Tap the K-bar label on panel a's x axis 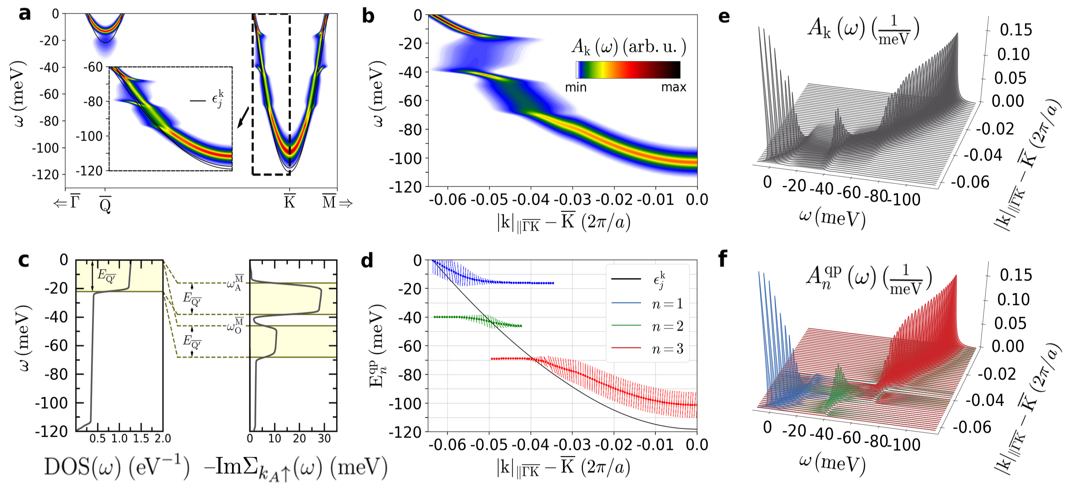point(289,202)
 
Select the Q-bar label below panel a point(105,203)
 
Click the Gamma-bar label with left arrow point(67,202)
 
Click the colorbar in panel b point(628,70)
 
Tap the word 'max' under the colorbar point(674,88)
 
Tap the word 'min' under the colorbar point(575,88)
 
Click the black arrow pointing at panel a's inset point(243,118)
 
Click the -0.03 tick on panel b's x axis point(572,200)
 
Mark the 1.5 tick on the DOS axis point(141,439)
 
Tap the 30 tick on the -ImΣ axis point(324,439)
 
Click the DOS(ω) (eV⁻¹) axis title point(117,467)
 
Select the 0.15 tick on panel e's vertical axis point(1016,30)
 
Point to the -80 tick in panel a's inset point(93,101)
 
